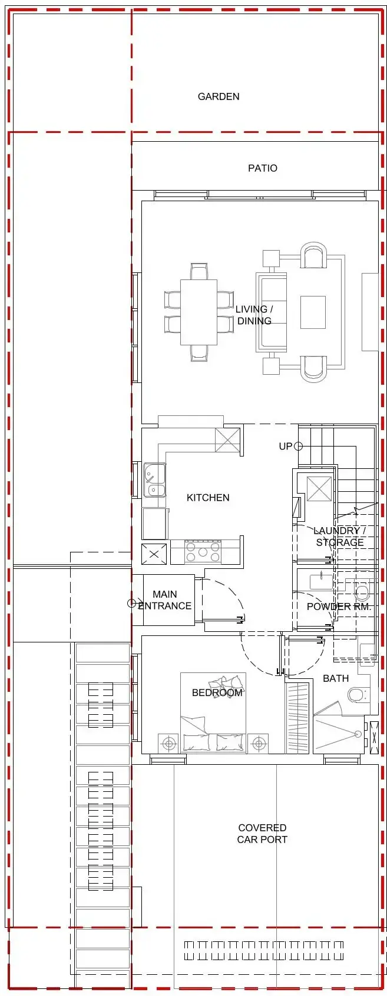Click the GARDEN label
tap(218, 96)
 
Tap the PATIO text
tap(262, 168)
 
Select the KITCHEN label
tap(208, 498)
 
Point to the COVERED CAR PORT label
tap(262, 834)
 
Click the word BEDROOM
tap(217, 692)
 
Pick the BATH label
tap(336, 678)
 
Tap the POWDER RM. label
tap(338, 607)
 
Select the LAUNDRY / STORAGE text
tap(339, 537)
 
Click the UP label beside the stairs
tap(285, 447)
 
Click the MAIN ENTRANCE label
tap(164, 600)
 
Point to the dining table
tap(199, 312)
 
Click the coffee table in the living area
tap(313, 312)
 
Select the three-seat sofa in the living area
tap(272, 312)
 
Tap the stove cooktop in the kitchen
tap(202, 552)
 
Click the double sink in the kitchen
tap(155, 481)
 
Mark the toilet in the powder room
tap(361, 592)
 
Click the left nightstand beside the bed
tap(169, 744)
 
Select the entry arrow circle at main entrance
tap(131, 603)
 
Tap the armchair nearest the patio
tap(313, 256)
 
